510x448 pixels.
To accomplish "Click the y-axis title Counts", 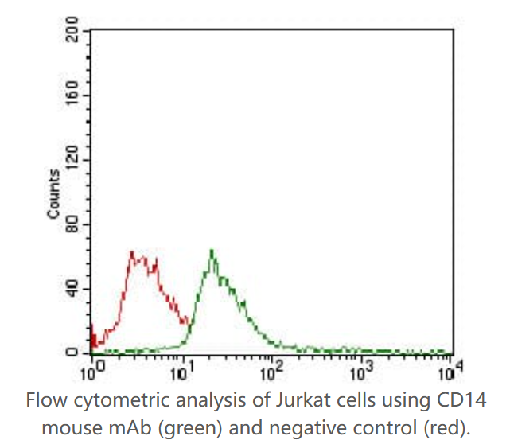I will tap(53, 195).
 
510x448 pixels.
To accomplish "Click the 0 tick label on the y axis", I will tap(74, 353).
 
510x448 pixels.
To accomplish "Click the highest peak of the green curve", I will tap(212, 251).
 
